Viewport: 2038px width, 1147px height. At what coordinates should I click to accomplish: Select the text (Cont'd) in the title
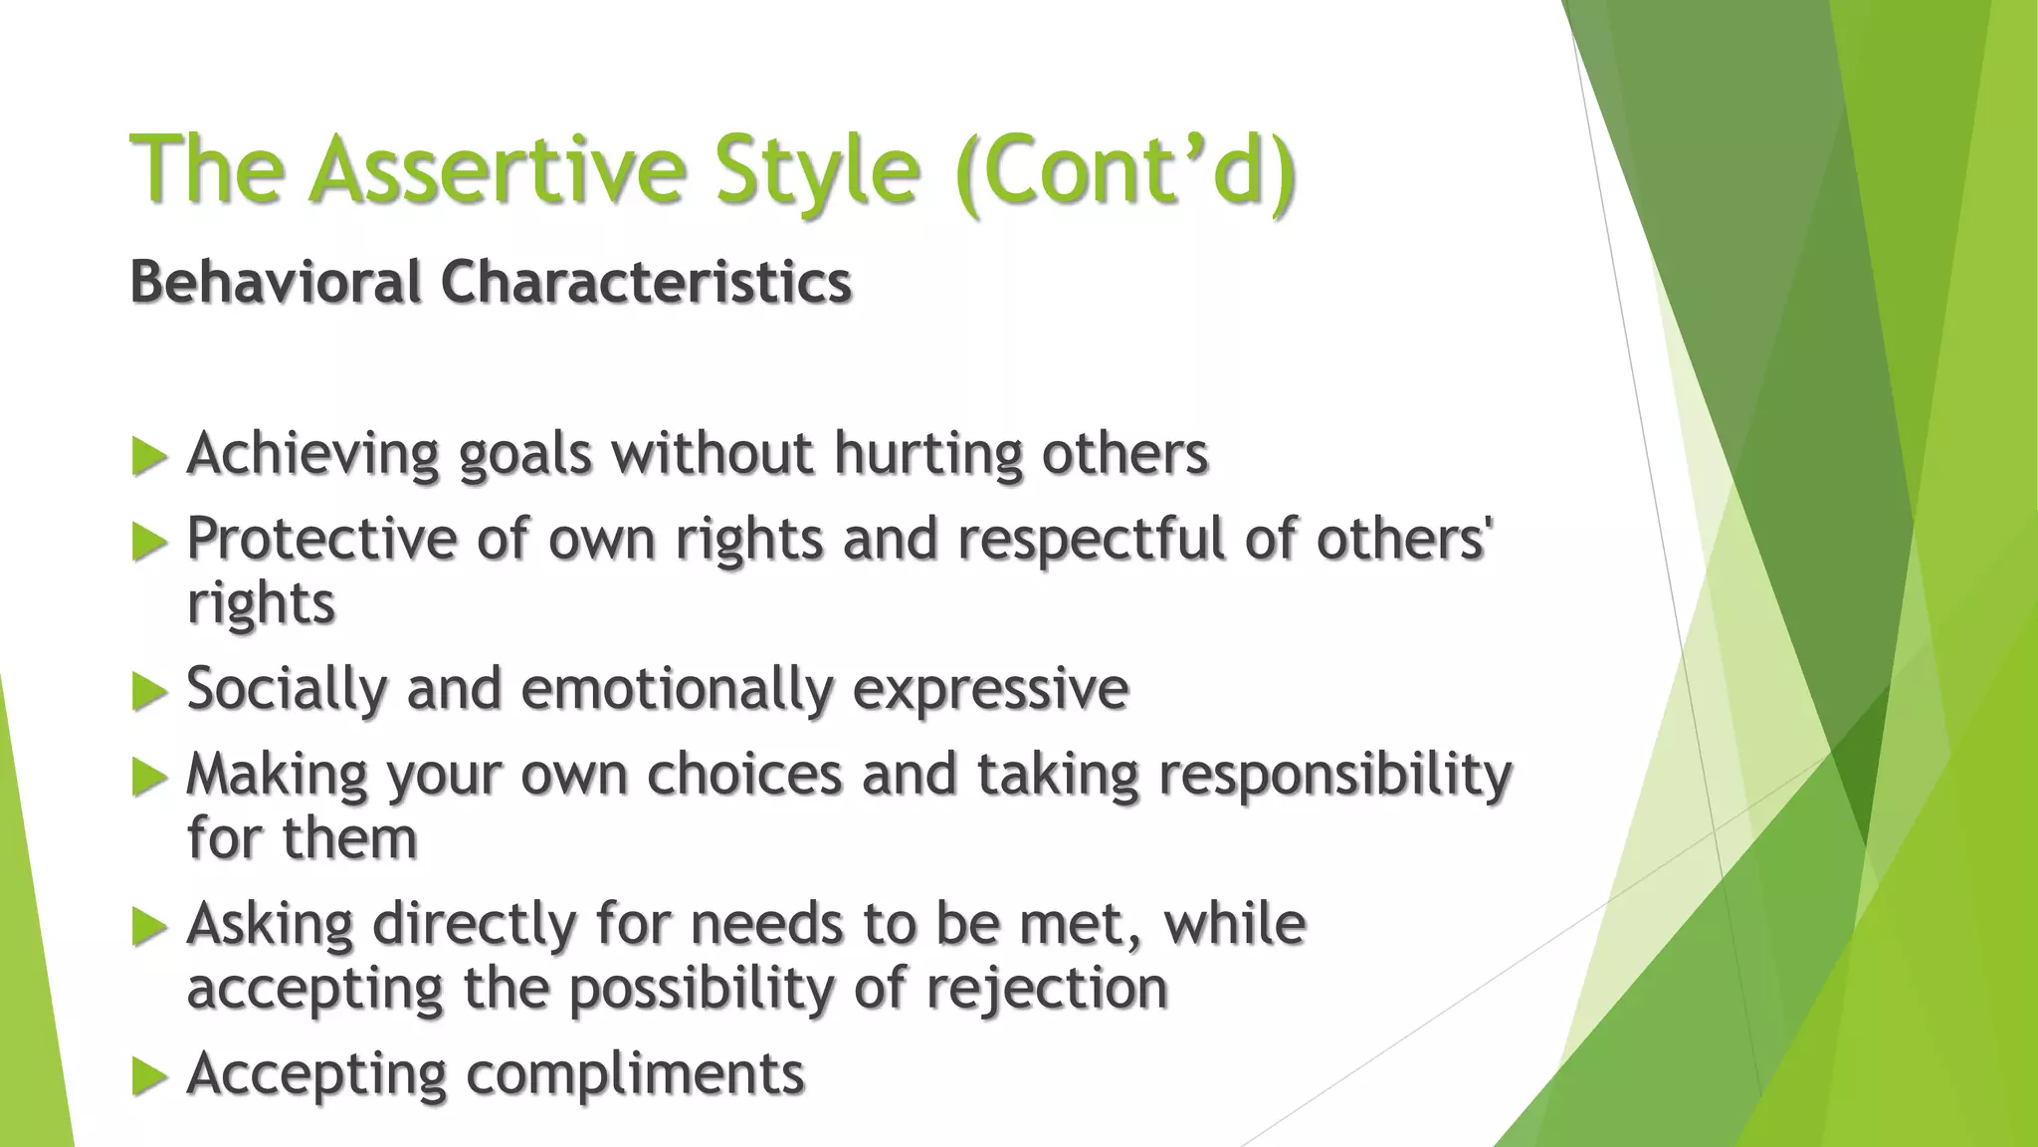click(x=1124, y=169)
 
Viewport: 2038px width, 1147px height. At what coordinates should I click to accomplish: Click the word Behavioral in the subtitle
click(x=276, y=282)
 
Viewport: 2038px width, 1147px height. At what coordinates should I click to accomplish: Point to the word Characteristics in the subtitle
click(x=646, y=282)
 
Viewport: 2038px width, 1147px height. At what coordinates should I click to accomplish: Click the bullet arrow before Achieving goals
click(x=148, y=457)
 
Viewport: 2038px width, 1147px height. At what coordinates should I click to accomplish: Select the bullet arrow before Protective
click(x=148, y=543)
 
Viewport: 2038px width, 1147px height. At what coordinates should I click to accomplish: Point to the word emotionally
click(x=677, y=689)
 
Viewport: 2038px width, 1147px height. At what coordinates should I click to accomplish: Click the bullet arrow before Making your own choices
click(x=148, y=778)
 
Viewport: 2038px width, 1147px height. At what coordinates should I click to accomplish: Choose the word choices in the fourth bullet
click(x=744, y=774)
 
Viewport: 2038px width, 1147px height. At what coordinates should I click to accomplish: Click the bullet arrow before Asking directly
click(x=148, y=927)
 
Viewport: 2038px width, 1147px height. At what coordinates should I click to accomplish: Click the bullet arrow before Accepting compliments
click(x=148, y=1076)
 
